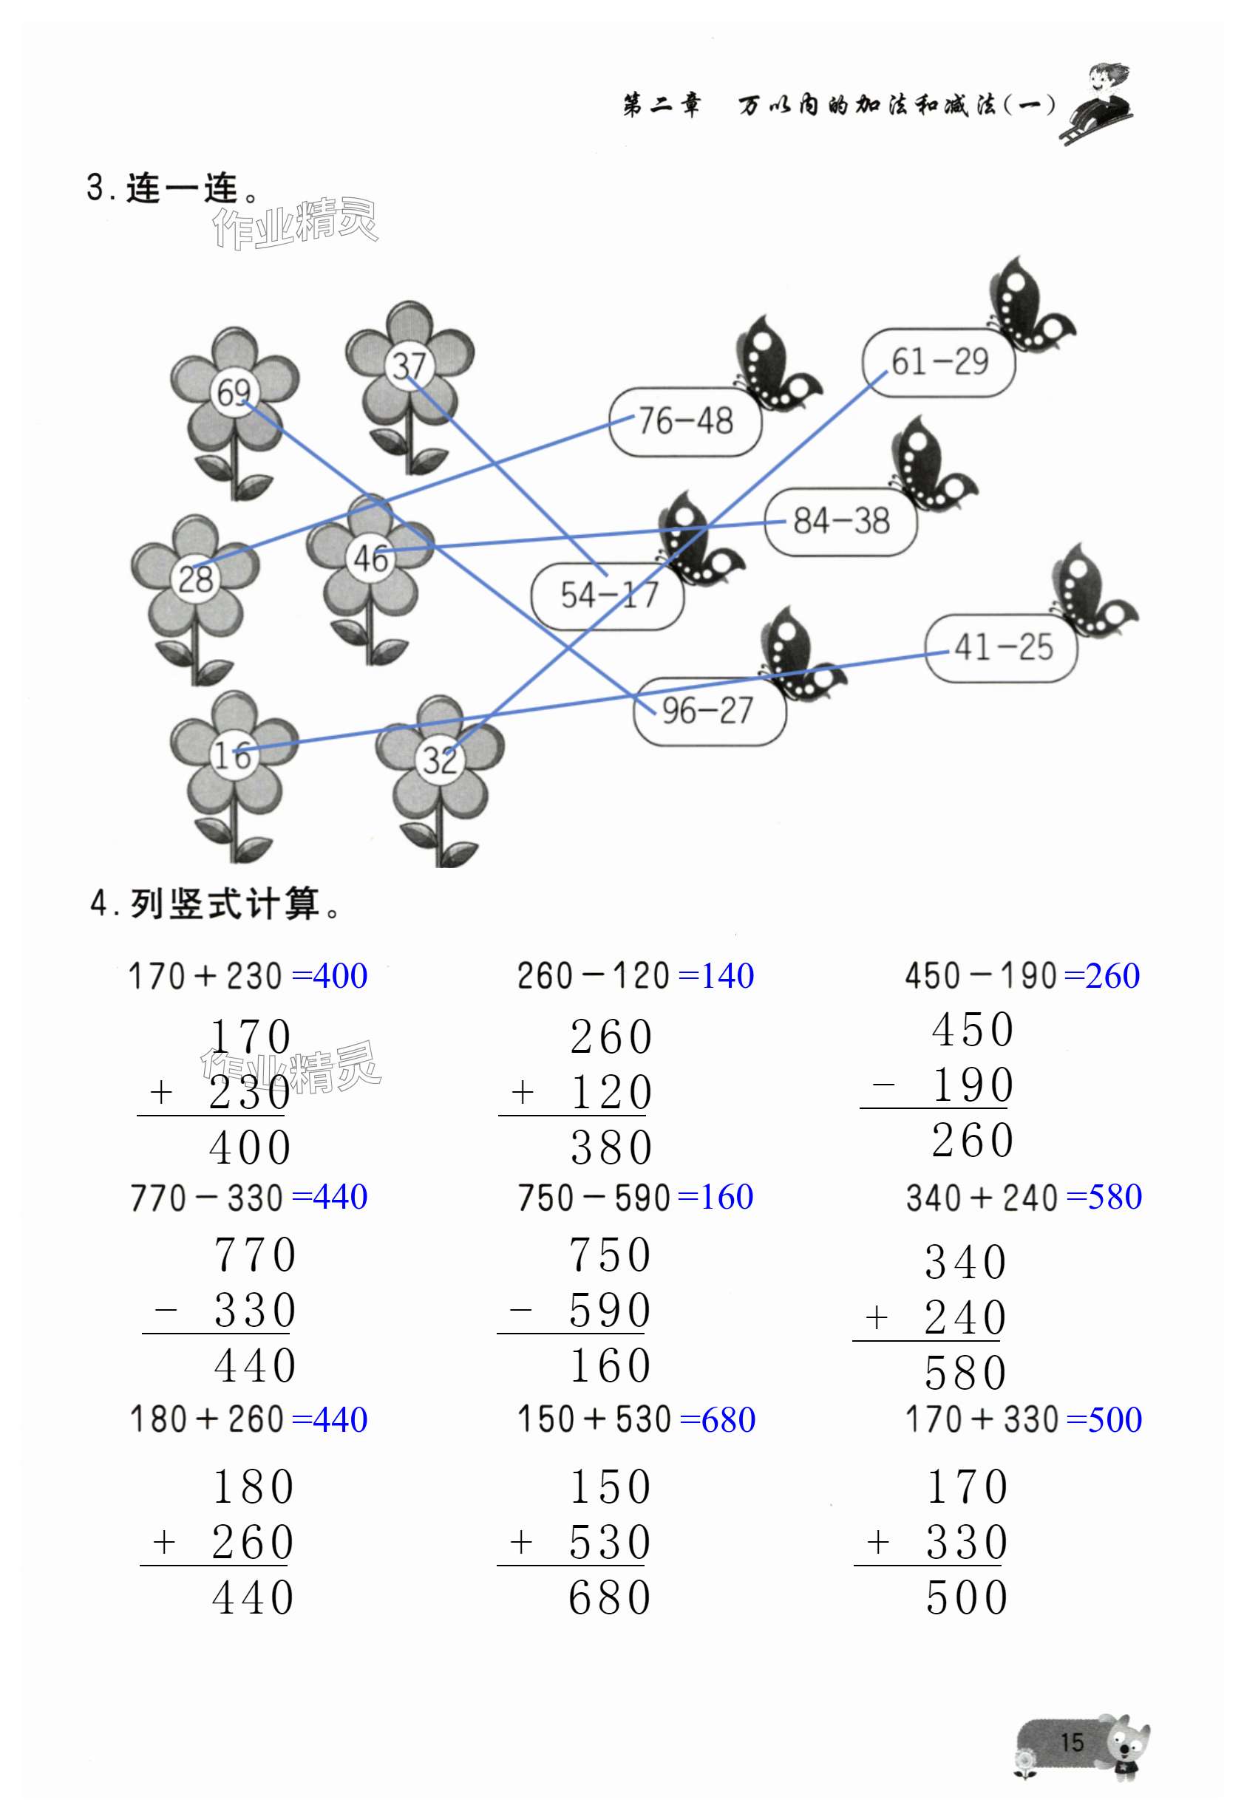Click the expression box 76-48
[685, 422]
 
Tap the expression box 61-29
[939, 362]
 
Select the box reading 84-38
[841, 522]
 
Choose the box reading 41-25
[1002, 648]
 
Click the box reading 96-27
[709, 711]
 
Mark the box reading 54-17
[608, 595]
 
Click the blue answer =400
[329, 976]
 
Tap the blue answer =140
[716, 976]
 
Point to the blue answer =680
[717, 1420]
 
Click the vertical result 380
[611, 1148]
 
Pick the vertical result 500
[967, 1598]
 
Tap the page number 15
[1072, 1742]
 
